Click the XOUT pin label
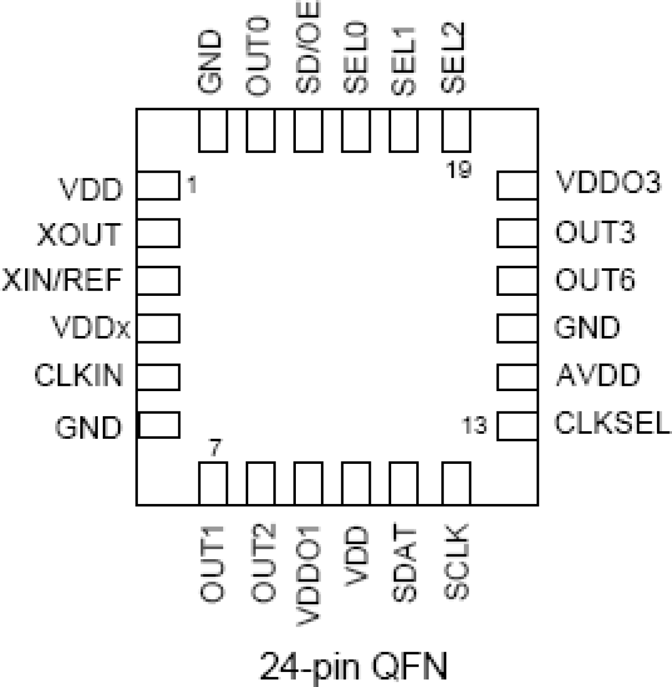[x=79, y=234]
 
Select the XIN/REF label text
[x=63, y=280]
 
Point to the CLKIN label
[x=79, y=375]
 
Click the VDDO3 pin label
[x=609, y=182]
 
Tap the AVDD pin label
[x=598, y=375]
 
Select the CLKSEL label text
[x=612, y=423]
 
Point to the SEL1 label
[x=404, y=59]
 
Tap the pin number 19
[x=459, y=170]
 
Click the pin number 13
[x=475, y=426]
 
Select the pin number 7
[x=215, y=447]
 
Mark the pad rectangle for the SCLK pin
[x=456, y=484]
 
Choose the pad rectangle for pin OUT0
[x=261, y=131]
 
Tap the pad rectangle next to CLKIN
[x=158, y=377]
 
